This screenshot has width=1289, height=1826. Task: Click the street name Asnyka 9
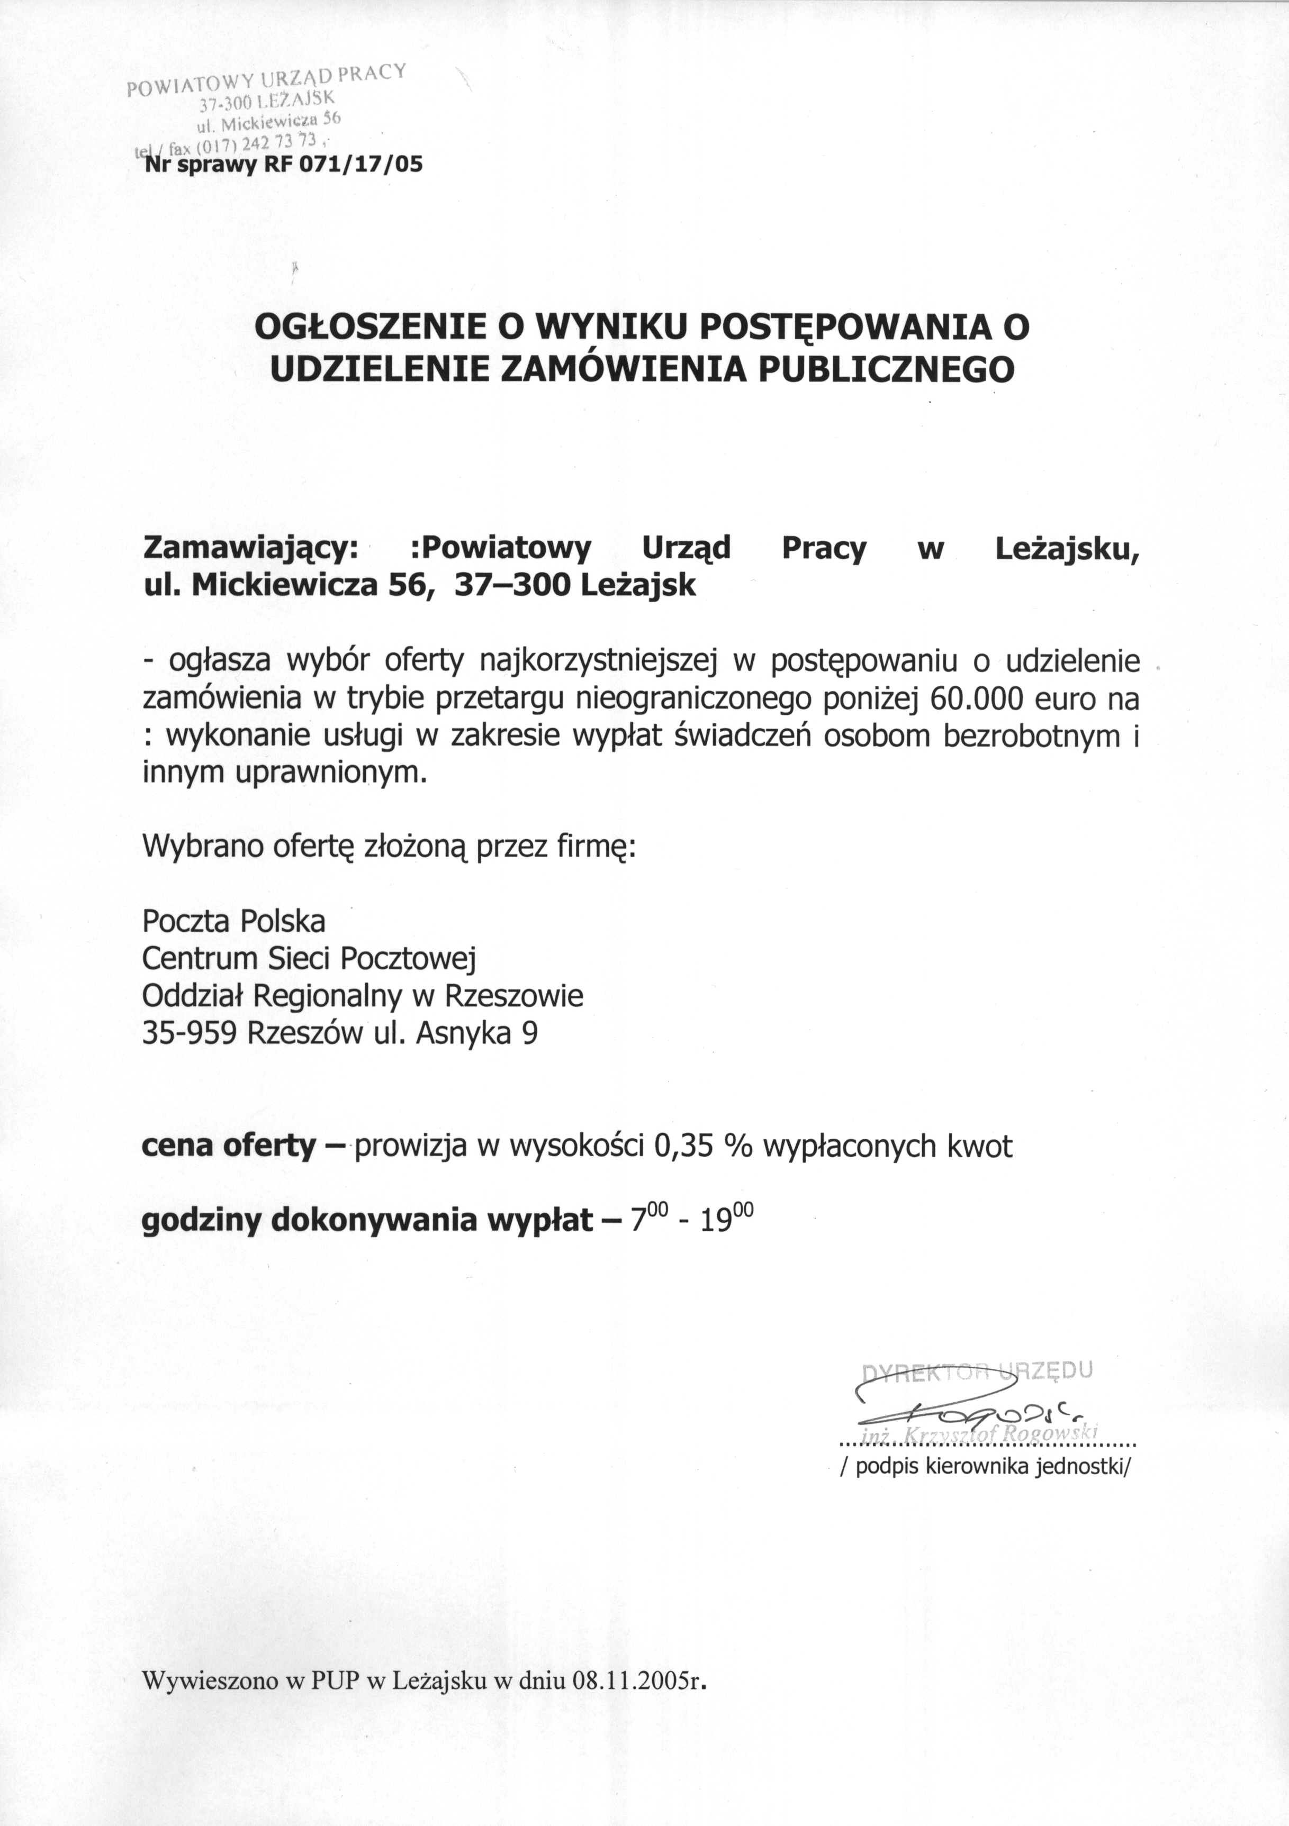(476, 1033)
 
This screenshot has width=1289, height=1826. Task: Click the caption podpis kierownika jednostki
(985, 1467)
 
